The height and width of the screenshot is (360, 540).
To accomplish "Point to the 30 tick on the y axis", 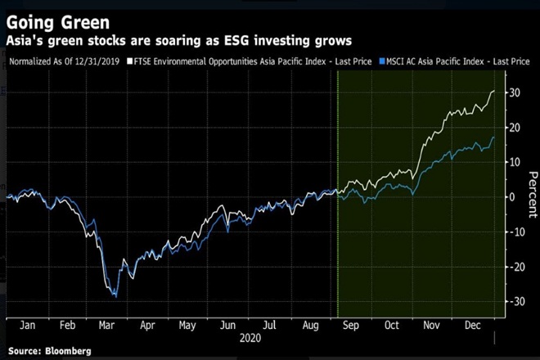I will click(514, 92).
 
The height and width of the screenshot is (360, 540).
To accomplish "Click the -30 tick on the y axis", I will click(513, 302).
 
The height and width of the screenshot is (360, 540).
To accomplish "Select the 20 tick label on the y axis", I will click(514, 128).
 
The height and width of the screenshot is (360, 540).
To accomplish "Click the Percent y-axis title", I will click(530, 197).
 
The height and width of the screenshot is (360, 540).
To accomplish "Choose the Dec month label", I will click(473, 325).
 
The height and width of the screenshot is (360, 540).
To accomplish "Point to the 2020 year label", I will click(250, 336).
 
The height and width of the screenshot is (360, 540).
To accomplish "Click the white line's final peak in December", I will click(494, 91).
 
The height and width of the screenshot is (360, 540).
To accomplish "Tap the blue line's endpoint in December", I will click(494, 137).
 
